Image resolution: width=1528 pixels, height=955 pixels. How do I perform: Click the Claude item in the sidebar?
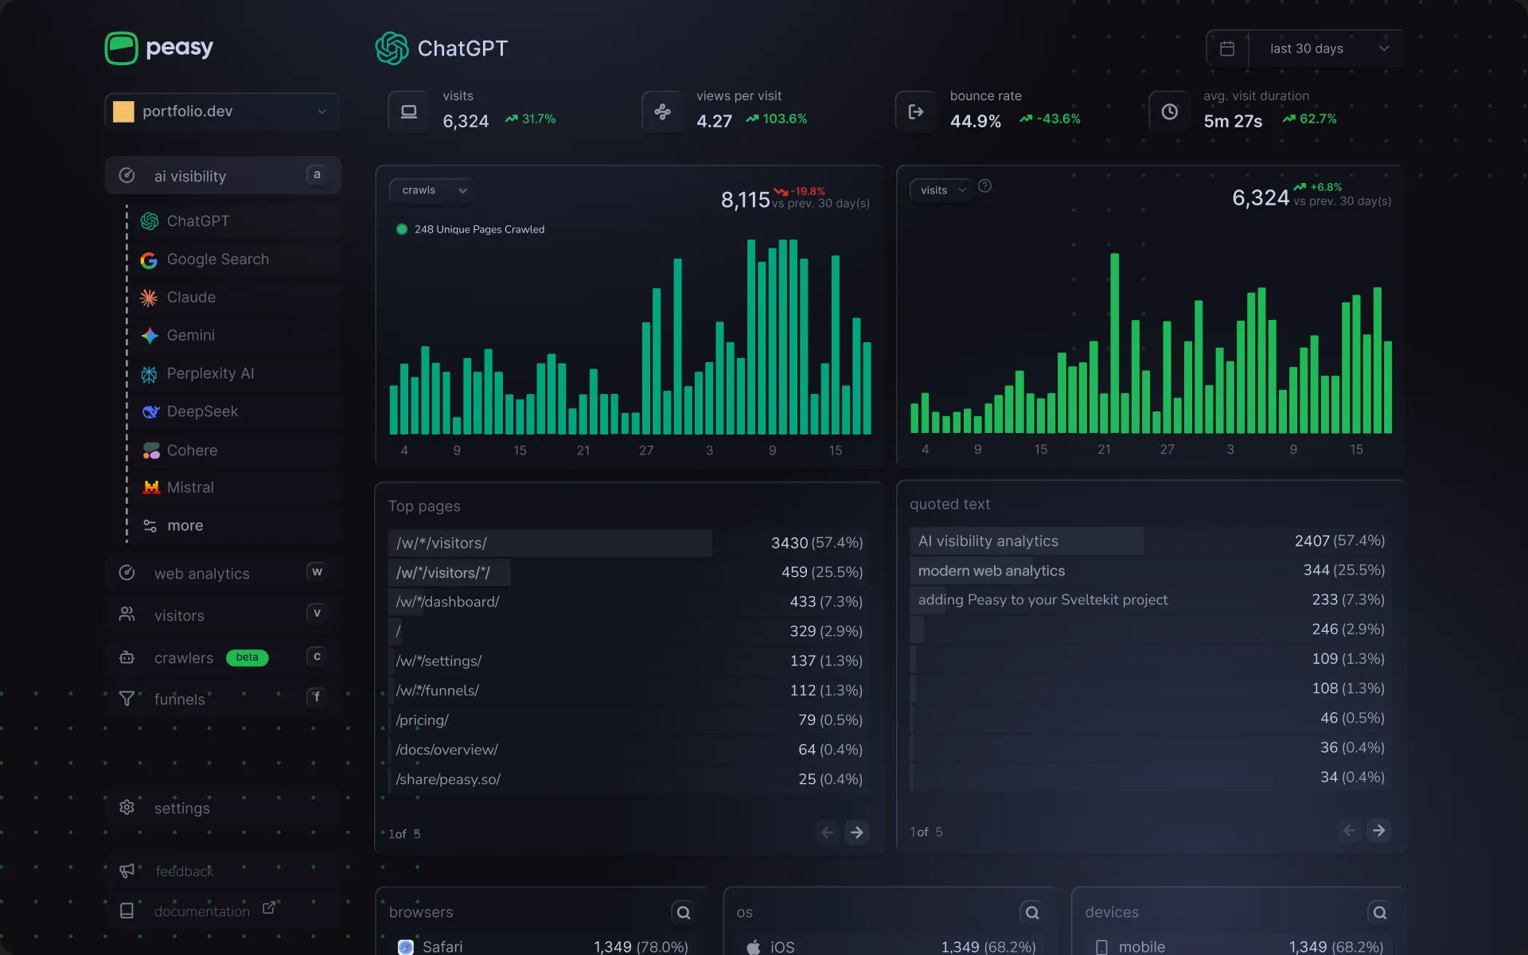point(191,298)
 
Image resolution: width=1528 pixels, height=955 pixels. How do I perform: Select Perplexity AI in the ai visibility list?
point(210,374)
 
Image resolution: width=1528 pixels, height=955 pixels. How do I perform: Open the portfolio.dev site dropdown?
point(222,111)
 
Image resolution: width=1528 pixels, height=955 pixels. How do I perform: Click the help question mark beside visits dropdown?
point(984,186)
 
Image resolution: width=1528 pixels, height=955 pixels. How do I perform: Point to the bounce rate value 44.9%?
point(975,122)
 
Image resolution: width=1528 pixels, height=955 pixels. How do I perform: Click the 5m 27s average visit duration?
point(1232,122)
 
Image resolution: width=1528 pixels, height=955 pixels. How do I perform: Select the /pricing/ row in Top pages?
point(423,720)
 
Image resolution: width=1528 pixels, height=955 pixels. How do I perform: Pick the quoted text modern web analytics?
point(991,571)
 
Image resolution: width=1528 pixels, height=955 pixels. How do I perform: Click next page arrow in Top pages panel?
point(857,832)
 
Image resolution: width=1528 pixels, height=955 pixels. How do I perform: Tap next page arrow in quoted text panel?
point(1378,831)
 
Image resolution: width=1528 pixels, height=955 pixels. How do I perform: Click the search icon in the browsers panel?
point(683,913)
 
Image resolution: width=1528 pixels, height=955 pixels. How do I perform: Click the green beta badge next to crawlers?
point(247,657)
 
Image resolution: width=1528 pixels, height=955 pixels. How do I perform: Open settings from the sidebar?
point(181,809)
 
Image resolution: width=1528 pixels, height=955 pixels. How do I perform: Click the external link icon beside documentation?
point(269,908)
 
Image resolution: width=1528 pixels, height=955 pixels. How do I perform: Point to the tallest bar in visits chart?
point(1114,342)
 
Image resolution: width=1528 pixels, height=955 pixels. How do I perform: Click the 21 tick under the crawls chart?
point(583,450)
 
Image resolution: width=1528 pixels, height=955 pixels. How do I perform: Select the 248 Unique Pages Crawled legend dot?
point(402,229)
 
